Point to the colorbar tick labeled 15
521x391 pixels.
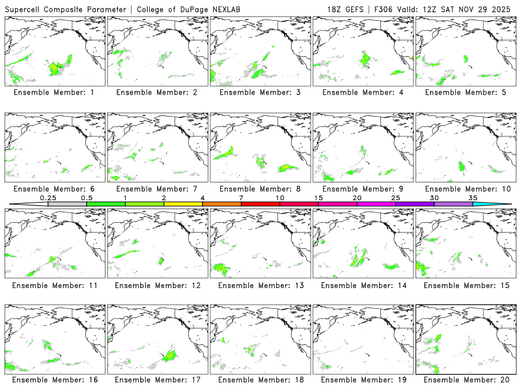click(318, 197)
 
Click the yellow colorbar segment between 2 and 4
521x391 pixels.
click(183, 204)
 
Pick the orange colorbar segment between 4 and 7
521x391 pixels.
click(221, 204)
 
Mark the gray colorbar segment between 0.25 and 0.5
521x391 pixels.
click(67, 204)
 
